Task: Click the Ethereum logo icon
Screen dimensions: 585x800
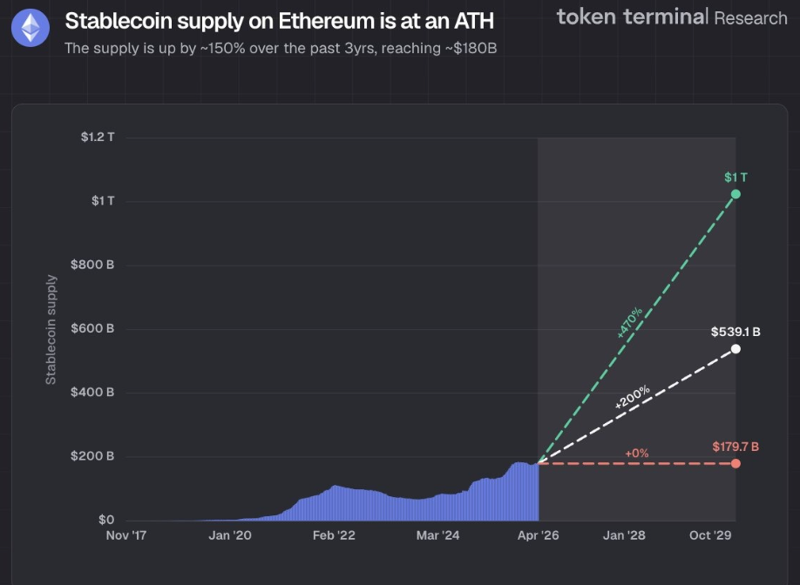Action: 31,30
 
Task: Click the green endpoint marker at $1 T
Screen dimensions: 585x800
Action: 736,193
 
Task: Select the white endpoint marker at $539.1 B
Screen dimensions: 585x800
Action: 736,349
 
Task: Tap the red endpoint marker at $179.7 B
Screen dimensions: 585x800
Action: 736,463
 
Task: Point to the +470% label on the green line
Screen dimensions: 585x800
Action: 629,322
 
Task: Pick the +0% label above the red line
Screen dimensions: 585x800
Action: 637,454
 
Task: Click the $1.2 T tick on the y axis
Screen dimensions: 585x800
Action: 98,138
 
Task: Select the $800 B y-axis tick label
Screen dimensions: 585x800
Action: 94,265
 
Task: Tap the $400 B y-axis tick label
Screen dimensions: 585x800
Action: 94,393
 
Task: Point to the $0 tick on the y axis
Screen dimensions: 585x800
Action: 105,520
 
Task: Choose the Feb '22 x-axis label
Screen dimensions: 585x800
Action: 334,535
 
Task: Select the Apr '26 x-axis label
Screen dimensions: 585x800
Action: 538,535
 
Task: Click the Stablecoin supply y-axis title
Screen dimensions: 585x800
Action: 51,329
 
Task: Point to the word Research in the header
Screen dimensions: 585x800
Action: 750,17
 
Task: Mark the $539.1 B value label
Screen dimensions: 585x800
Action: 736,332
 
